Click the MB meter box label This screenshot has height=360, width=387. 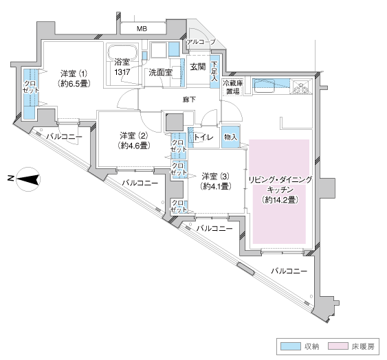[142, 29]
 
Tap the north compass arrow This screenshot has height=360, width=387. [28, 179]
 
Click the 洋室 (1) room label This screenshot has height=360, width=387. [74, 78]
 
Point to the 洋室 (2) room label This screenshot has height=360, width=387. [133, 141]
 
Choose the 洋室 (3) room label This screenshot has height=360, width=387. [215, 181]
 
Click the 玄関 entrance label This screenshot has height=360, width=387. [198, 67]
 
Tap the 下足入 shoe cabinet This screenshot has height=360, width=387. [214, 71]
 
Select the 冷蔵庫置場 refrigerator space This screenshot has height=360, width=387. [232, 87]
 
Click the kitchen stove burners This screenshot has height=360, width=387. [302, 87]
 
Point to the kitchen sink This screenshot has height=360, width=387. [265, 86]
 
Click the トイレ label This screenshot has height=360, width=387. [203, 137]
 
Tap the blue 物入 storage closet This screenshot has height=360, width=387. [230, 137]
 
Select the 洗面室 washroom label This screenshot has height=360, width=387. [160, 73]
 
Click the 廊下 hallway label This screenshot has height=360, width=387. [190, 100]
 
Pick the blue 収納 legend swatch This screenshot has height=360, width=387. [291, 346]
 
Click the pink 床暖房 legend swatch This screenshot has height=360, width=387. [338, 346]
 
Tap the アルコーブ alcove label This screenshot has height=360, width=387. [201, 42]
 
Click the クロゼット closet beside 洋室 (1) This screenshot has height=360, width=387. [31, 93]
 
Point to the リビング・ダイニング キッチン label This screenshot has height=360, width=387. [280, 190]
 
